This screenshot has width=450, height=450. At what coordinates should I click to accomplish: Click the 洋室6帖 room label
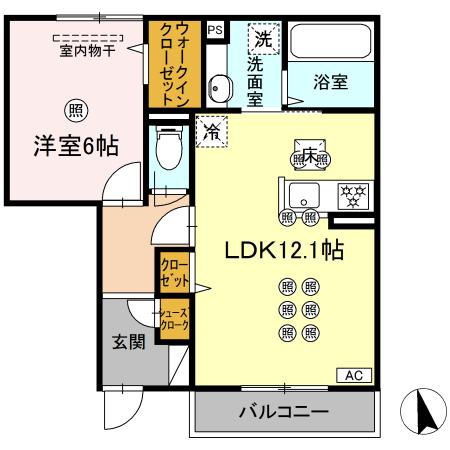pyautogui.click(x=72, y=146)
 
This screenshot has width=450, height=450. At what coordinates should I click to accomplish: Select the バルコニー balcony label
pyautogui.click(x=283, y=412)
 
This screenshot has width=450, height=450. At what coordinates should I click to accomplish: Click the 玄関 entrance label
pyautogui.click(x=127, y=342)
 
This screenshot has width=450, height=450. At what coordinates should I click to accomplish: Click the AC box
pyautogui.click(x=353, y=375)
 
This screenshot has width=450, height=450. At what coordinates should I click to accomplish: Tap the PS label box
pyautogui.click(x=214, y=30)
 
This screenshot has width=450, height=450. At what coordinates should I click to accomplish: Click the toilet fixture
pyautogui.click(x=169, y=151)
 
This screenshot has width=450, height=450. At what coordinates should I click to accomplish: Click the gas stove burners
pyautogui.click(x=351, y=194)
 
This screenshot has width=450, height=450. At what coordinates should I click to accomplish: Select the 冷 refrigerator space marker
pyautogui.click(x=212, y=130)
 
